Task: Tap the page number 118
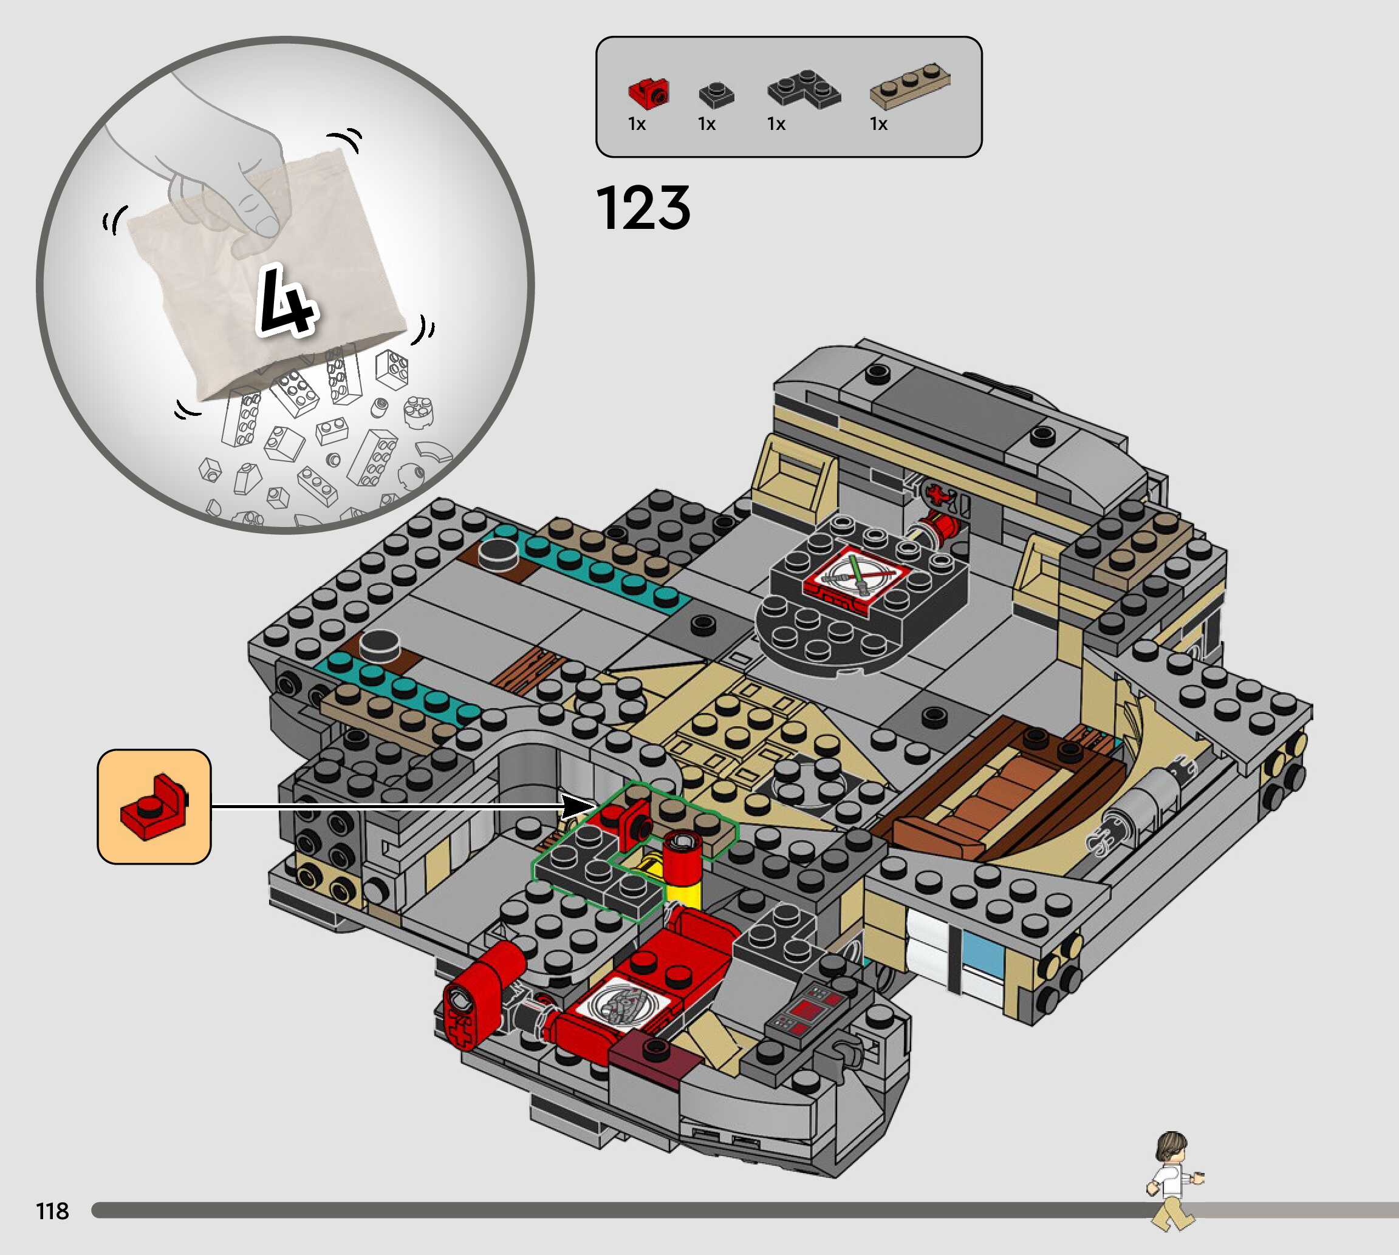pyautogui.click(x=52, y=1210)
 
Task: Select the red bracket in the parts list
pyautogui.click(x=648, y=93)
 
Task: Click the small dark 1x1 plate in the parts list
pyautogui.click(x=716, y=95)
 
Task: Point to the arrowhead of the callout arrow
pyautogui.click(x=580, y=806)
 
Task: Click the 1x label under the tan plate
pyautogui.click(x=878, y=124)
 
